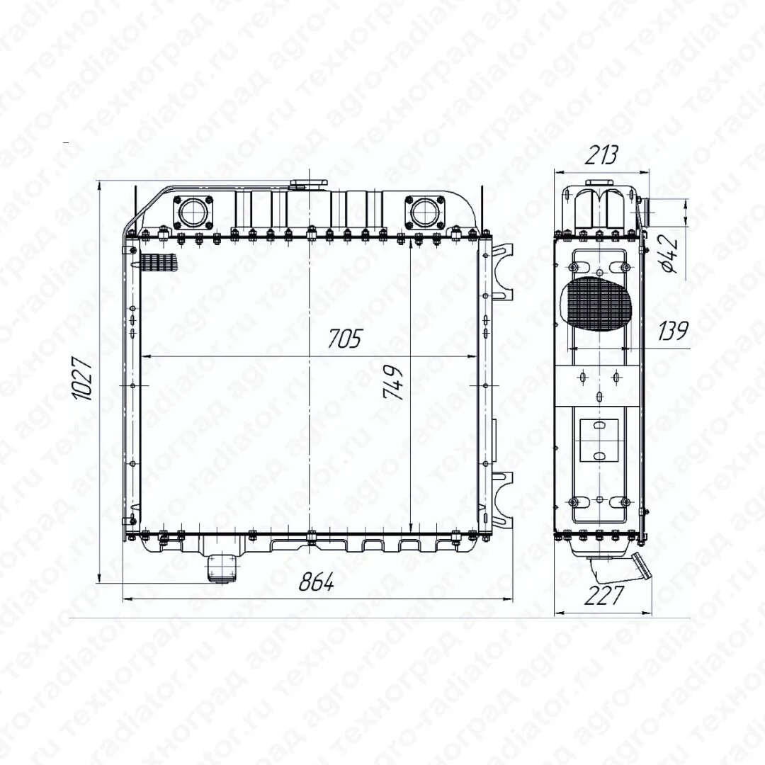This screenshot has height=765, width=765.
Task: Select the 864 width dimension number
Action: point(315,582)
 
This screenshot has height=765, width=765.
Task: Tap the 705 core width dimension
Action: point(344,339)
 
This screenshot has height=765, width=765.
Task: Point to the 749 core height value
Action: point(394,382)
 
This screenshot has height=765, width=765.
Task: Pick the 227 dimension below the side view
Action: point(604,596)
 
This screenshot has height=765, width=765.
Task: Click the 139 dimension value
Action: point(673,331)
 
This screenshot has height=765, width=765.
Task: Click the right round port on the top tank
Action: point(424,210)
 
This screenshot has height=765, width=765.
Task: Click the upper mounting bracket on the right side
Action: point(503,273)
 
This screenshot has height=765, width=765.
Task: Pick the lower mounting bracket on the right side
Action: point(503,499)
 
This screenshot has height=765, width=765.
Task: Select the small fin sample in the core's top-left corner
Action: point(158,264)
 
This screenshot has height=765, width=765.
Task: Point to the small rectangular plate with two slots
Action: point(599,439)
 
